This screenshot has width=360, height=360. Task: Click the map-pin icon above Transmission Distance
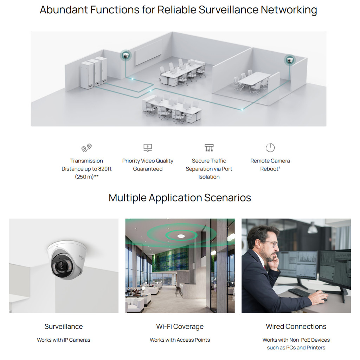[86, 148]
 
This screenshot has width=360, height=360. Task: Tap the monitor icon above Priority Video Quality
[148, 148]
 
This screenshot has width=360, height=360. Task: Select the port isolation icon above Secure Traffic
[209, 148]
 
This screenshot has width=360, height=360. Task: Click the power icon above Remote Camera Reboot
[270, 148]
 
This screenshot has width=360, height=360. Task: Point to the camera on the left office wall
[126, 56]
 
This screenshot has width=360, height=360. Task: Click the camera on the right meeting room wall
[290, 60]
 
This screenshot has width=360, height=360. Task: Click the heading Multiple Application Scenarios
[180, 198]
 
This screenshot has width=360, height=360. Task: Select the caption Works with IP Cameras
[64, 340]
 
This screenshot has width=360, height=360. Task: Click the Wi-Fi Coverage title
[180, 327]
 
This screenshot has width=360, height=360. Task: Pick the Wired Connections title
[296, 327]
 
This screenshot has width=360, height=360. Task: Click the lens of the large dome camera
[62, 266]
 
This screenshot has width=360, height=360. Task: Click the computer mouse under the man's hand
[324, 300]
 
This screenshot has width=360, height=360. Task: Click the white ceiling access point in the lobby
[181, 236]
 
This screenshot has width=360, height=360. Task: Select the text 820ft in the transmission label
[105, 169]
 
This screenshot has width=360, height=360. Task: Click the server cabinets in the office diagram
[94, 72]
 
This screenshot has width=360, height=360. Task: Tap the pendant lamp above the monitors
[312, 228]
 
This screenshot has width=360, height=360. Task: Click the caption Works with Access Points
[180, 340]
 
